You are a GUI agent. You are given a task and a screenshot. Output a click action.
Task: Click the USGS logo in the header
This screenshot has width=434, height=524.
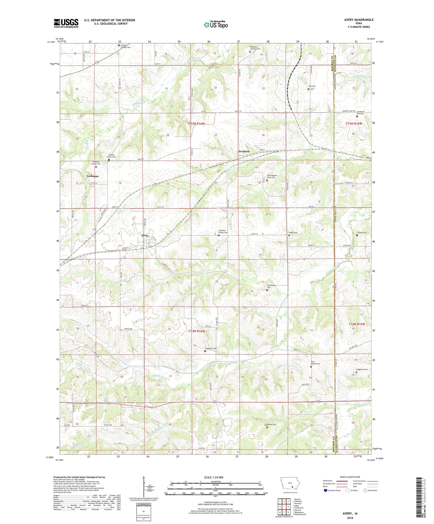(66, 23)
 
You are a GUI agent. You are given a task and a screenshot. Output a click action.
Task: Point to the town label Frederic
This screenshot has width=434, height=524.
(244, 151)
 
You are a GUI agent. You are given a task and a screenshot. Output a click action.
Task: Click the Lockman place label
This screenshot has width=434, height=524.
(93, 176)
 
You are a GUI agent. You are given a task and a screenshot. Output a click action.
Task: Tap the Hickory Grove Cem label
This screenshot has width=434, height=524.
(112, 156)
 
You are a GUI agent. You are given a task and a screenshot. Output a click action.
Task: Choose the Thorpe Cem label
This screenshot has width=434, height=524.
(362, 233)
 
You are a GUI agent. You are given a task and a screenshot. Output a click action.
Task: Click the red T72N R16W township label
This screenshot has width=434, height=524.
(197, 331)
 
